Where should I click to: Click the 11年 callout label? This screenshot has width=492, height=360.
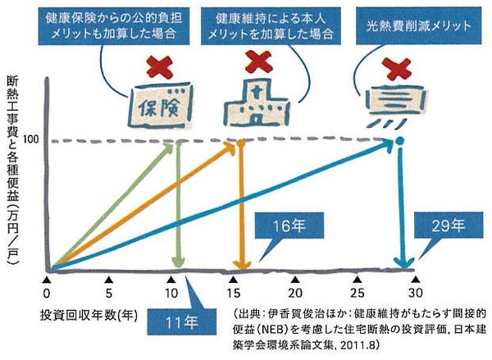coord(182,322)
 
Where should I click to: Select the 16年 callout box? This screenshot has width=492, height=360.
coord(289,226)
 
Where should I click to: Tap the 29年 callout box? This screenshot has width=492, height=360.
coord(449,226)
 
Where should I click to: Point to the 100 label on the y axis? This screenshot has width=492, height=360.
coord(31,139)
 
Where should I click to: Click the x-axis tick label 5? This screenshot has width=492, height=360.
coord(108,293)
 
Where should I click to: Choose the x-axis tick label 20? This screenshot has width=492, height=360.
coord(295,293)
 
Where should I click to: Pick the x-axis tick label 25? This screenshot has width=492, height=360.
coord(357,293)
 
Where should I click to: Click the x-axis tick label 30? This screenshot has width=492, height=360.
coord(416,293)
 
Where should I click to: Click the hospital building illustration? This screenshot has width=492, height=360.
coord(257,103)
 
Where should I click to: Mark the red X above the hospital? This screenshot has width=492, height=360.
coord(258,62)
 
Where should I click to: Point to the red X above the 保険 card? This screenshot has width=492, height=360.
coord(160,67)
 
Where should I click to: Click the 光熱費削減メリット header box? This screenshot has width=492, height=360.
coord(418,26)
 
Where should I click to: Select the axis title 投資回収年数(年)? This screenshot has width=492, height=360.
coord(89,315)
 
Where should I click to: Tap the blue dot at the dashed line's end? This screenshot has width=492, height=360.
coord(400,140)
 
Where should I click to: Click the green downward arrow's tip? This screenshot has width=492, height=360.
coord(179,267)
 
